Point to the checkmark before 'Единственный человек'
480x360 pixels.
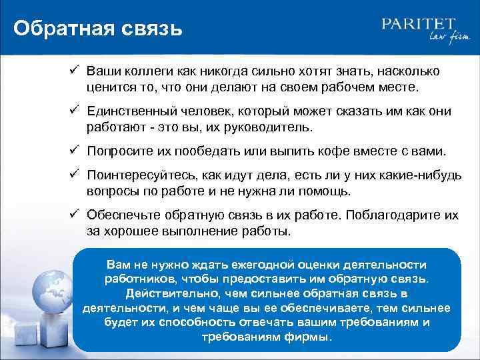pos(75,111)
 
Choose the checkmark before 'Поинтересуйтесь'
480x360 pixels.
pos(75,176)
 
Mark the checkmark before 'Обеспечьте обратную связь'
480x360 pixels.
pos(75,215)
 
